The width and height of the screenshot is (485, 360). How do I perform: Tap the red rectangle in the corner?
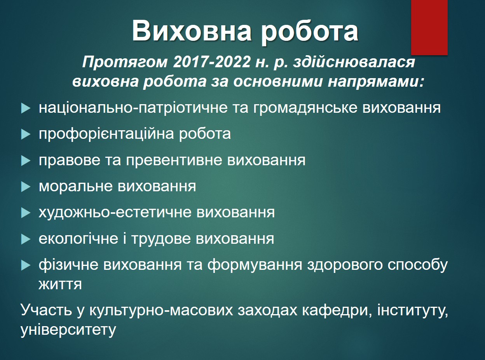click(429, 27)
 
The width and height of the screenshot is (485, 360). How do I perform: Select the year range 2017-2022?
click(211, 62)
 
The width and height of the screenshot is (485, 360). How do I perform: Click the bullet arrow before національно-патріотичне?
click(26, 108)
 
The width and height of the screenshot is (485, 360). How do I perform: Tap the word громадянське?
click(305, 108)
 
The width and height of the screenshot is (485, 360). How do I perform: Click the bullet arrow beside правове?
click(26, 161)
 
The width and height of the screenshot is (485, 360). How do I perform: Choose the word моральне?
click(76, 187)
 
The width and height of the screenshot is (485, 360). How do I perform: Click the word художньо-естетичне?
click(115, 213)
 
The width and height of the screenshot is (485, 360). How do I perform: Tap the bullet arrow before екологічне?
click(26, 239)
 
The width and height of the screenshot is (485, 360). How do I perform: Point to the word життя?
click(60, 284)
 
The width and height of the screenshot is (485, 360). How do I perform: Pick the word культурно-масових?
click(161, 311)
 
